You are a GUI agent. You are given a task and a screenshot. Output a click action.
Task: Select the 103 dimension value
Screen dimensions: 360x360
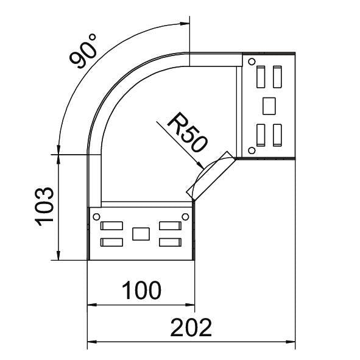(46, 207)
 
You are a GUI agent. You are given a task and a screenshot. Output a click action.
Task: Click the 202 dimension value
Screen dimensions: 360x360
(191, 328)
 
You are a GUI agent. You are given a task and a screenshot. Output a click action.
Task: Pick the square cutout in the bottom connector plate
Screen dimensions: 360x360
(141, 233)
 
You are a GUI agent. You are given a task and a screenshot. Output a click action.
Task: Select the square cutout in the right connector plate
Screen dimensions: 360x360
(269, 105)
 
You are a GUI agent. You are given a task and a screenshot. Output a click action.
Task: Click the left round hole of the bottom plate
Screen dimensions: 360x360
(96, 216)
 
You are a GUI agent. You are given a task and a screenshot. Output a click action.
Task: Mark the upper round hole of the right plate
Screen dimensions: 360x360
(251, 60)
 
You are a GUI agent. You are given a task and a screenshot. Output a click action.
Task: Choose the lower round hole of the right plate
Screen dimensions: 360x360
(251, 150)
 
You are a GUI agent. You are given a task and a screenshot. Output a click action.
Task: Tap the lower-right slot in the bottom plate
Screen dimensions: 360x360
(171, 242)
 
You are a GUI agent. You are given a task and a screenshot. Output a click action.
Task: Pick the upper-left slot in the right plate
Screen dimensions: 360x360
(261, 76)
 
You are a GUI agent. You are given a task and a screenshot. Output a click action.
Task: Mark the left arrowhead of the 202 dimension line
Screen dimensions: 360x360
(91, 341)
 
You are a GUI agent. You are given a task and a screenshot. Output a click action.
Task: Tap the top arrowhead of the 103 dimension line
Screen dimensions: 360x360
(58, 159)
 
